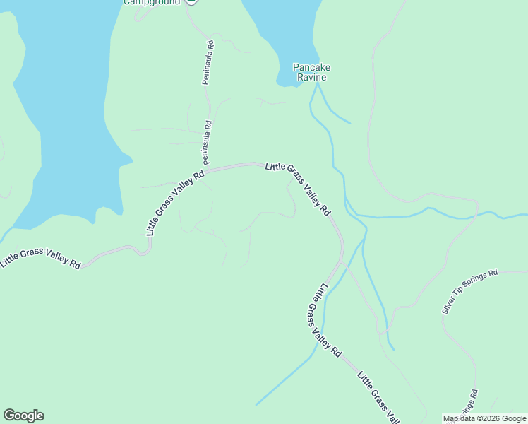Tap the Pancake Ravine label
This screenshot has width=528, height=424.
(x=312, y=72)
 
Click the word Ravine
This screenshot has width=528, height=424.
(x=312, y=77)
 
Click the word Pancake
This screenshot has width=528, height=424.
(x=312, y=68)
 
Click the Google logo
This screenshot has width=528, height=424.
(x=23, y=416)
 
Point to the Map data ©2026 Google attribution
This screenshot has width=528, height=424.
(x=485, y=418)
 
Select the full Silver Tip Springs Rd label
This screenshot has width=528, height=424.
(x=469, y=291)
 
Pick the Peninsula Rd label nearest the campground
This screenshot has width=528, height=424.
(x=208, y=63)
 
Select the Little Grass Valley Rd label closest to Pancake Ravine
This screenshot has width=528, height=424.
(x=297, y=189)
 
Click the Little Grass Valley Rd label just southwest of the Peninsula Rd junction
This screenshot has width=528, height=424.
(x=175, y=202)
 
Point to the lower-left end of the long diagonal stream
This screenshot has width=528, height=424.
(x=256, y=404)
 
